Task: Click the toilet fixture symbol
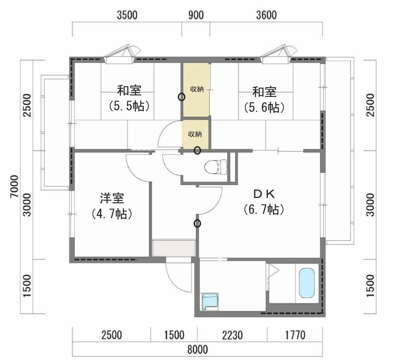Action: [216, 167]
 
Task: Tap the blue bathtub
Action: [307, 283]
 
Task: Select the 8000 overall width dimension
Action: [197, 350]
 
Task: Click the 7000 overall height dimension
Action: [14, 187]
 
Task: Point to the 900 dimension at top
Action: [196, 15]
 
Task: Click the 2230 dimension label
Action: [232, 335]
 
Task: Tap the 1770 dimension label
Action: [295, 335]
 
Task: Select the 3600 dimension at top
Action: [266, 15]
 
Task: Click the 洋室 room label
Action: [112, 198]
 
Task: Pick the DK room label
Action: [264, 194]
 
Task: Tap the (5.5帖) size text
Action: [129, 107]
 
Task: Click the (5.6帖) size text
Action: [264, 107]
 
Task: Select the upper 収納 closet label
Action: [197, 89]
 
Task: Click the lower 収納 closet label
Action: [195, 134]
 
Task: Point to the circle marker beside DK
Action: [197, 224]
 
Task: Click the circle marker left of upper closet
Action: [181, 97]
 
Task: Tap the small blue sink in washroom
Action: [210, 301]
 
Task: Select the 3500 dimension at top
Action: [127, 15]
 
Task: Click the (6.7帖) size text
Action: [264, 210]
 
